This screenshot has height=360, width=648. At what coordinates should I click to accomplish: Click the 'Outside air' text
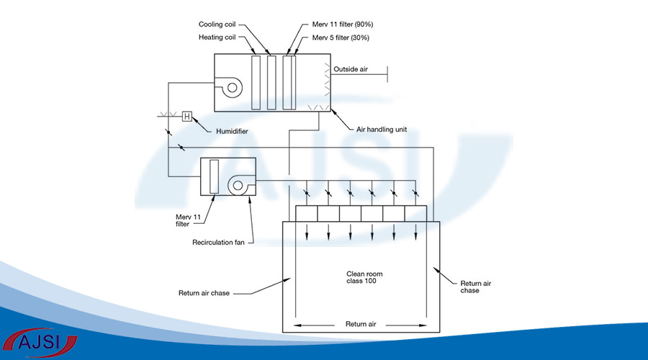pos(351,69)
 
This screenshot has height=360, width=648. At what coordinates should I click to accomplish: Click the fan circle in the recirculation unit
pos(238,186)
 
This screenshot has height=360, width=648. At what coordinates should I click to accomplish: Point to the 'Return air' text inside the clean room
pos(361,323)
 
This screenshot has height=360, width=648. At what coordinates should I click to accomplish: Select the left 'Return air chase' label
pos(205,293)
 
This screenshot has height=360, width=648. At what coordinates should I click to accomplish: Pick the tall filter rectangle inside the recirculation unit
pos(213,176)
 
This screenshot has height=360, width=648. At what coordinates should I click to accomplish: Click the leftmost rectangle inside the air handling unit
pos(256,83)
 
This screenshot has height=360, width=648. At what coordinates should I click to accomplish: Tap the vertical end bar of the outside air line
pos(388,72)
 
